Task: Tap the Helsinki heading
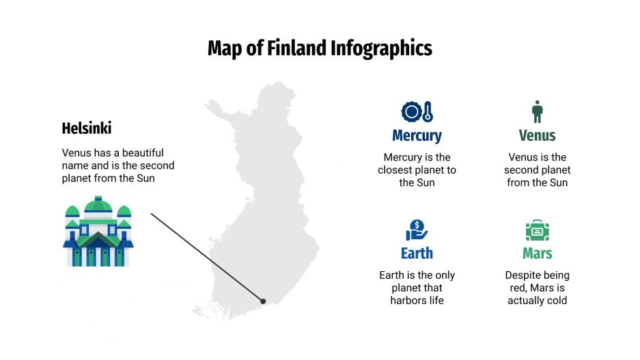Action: click(x=87, y=128)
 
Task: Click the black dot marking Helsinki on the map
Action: click(x=263, y=301)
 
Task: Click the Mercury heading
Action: click(x=417, y=135)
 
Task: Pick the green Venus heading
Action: click(x=537, y=135)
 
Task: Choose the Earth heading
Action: click(x=417, y=253)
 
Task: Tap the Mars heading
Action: click(x=537, y=253)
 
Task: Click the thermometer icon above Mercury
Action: click(x=428, y=111)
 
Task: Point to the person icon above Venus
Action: click(x=537, y=111)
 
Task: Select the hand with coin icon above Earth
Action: click(x=417, y=230)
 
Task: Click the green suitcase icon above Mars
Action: click(x=537, y=230)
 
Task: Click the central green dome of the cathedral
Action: click(x=99, y=205)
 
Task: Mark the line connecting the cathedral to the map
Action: click(x=205, y=256)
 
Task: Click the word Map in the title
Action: click(x=225, y=49)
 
